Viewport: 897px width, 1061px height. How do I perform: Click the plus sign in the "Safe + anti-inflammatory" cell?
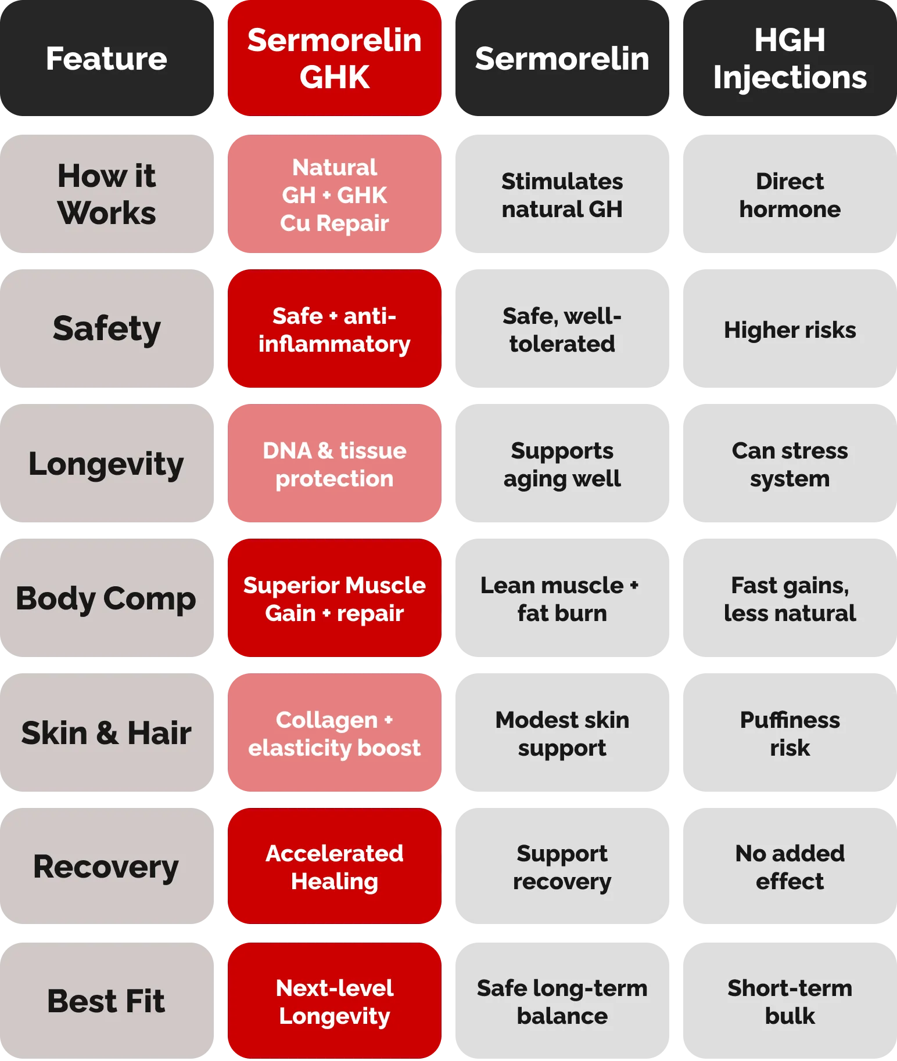coord(333,316)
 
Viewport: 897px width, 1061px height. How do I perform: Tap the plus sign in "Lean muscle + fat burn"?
coord(634,586)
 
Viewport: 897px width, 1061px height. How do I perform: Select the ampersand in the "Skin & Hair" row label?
coord(107,732)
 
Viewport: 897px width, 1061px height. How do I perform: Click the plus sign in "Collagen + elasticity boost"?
coord(389,720)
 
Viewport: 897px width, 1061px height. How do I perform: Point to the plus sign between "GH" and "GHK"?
coord(326,196)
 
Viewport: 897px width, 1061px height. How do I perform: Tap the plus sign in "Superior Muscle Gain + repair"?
coord(326,613)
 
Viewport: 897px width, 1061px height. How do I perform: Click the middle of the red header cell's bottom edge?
coord(335,116)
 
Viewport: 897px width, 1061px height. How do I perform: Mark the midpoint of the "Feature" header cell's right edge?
coord(214,58)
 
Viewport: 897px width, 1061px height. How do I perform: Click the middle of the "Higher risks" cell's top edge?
coord(790,269)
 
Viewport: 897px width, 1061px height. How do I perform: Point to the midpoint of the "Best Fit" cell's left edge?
coord(0,1001)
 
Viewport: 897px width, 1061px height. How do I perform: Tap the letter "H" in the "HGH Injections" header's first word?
coord(766,40)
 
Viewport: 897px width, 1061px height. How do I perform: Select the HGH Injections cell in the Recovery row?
coord(790,866)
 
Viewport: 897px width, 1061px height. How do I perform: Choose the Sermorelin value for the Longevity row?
coord(562,463)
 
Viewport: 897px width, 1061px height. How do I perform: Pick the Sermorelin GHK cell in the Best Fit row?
coord(335,1001)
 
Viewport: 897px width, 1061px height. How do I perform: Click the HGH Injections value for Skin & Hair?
coord(790,732)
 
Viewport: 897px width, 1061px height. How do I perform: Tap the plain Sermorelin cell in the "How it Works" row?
coord(562,194)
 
